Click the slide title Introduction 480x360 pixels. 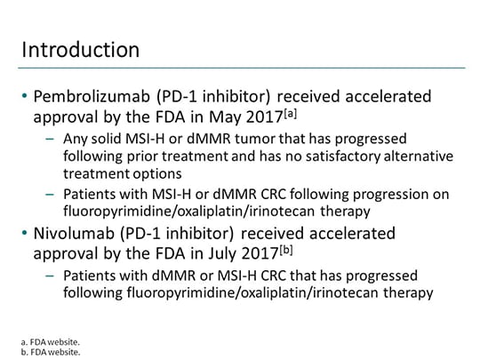[x=80, y=47]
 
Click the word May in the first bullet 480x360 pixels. [x=247, y=116]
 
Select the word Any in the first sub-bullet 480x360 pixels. [x=76, y=140]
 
